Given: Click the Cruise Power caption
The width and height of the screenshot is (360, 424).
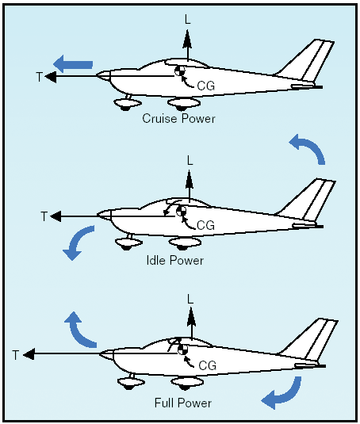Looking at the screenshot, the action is [178, 118].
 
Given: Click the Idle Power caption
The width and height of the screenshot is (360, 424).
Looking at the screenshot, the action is [175, 260].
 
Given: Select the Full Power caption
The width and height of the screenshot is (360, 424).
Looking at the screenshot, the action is [183, 403].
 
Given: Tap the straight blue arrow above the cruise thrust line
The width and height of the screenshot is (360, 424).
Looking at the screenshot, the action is [73, 64].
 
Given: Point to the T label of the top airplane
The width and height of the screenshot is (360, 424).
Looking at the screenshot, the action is [40, 77].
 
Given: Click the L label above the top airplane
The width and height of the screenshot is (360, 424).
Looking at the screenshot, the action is [188, 20].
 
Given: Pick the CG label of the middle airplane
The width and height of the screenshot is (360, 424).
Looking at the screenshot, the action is [205, 225].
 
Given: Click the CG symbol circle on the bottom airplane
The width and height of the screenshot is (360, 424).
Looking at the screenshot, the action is [182, 350].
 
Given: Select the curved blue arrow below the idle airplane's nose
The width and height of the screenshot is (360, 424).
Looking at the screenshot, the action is [76, 241].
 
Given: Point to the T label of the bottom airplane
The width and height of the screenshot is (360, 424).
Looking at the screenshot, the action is [16, 355].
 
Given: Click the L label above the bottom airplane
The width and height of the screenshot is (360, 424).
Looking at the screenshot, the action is [190, 300].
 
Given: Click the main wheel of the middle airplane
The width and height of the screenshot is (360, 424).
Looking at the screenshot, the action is [185, 243].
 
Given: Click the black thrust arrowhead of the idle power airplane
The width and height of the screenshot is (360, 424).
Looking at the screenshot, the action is [56, 216].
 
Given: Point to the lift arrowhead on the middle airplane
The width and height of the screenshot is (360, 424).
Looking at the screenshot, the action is [189, 179].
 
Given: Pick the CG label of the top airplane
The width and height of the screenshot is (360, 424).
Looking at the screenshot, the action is [206, 86].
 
